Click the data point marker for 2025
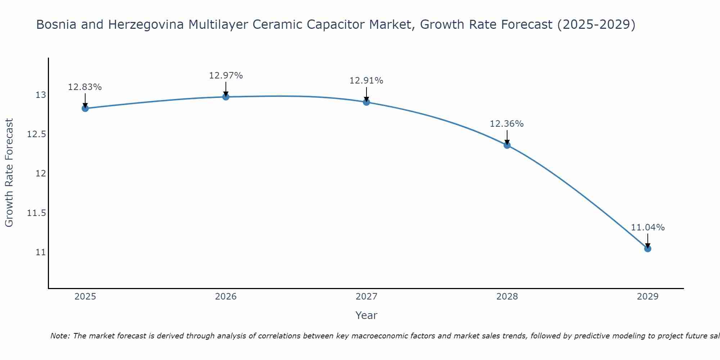pyautogui.click(x=85, y=108)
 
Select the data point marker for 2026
pyautogui.click(x=226, y=97)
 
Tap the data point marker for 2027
pyautogui.click(x=366, y=102)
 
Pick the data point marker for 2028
pyautogui.click(x=507, y=145)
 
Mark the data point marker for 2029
pyautogui.click(x=648, y=248)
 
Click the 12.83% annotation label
pyautogui.click(x=85, y=87)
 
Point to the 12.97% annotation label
pyautogui.click(x=226, y=76)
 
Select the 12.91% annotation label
pyautogui.click(x=366, y=81)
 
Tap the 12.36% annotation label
pyautogui.click(x=507, y=124)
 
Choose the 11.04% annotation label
pyautogui.click(x=648, y=228)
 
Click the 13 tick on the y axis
pyautogui.click(x=41, y=95)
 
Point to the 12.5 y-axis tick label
pyautogui.click(x=37, y=134)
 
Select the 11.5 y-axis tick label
pyautogui.click(x=37, y=213)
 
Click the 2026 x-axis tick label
pyautogui.click(x=226, y=297)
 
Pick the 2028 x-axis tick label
pyautogui.click(x=507, y=297)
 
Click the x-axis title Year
pyautogui.click(x=366, y=315)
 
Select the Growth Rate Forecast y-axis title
pyautogui.click(x=9, y=173)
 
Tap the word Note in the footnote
pyautogui.click(x=60, y=336)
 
